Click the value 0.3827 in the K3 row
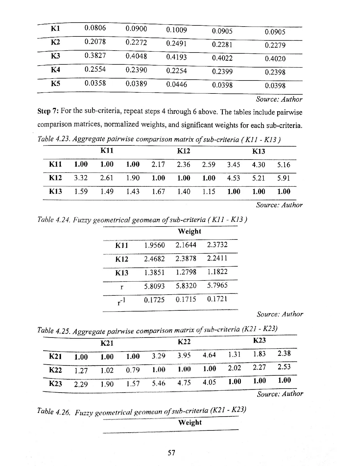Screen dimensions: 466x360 (95, 56)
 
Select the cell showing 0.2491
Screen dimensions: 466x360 (176, 44)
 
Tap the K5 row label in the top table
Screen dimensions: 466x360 (55, 84)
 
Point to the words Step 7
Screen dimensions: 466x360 (48, 111)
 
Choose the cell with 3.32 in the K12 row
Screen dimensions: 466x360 (81, 178)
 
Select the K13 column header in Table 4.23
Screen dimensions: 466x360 (258, 151)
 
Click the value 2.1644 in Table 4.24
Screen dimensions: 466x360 (186, 245)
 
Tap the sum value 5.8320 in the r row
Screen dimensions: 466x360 (186, 286)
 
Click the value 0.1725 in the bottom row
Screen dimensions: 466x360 (154, 300)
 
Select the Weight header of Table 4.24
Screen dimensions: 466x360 (189, 232)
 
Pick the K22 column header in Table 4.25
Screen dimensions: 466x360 (184, 342)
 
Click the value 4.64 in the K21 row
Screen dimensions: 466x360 (209, 355)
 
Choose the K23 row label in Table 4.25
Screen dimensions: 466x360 (55, 384)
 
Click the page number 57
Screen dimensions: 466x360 (171, 453)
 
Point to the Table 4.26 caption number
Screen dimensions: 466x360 (53, 412)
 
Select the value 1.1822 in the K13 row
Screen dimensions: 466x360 (217, 272)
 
